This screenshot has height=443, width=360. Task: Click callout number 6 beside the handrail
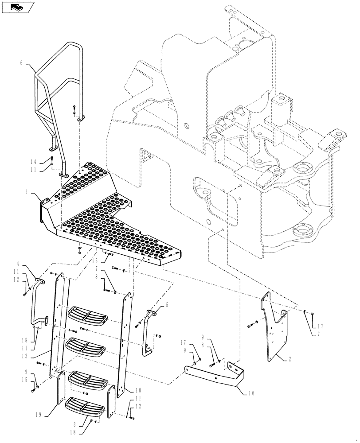[x=21, y=63]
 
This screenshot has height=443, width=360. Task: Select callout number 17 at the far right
[x=320, y=326]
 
